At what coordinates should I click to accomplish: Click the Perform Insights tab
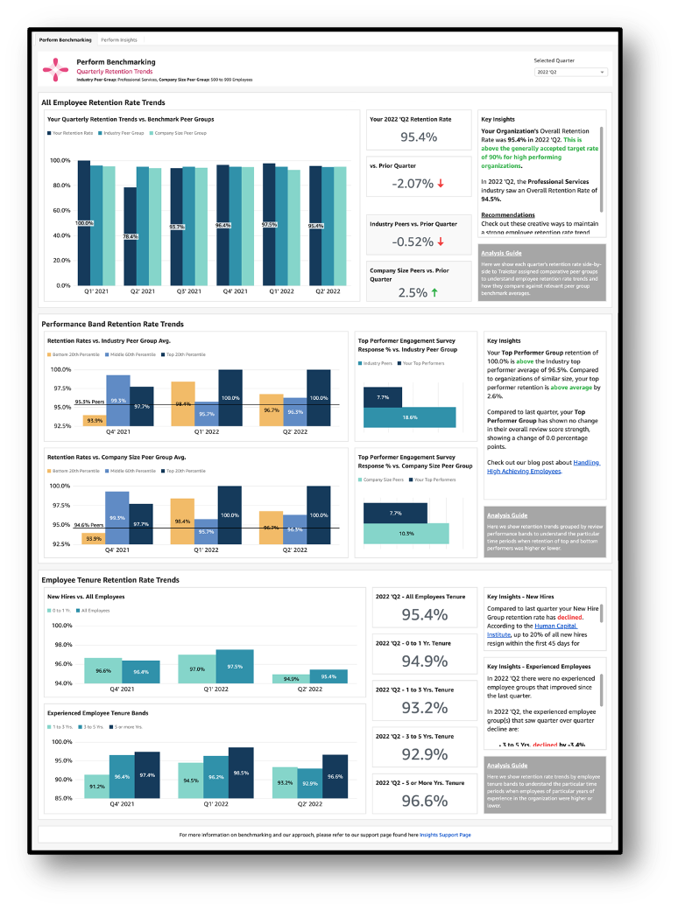(118, 40)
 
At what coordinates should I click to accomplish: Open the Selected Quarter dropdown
(570, 73)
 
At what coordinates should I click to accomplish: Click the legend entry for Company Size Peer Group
(179, 133)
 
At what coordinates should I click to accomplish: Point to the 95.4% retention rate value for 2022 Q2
(419, 137)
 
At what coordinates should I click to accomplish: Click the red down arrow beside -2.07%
(441, 184)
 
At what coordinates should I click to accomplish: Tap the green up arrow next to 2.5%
(434, 293)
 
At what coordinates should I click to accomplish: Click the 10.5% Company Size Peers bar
(406, 534)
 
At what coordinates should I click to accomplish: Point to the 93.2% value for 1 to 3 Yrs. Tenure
(424, 707)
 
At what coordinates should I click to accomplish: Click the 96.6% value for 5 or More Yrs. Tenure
(424, 801)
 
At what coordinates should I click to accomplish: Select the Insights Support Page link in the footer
(445, 835)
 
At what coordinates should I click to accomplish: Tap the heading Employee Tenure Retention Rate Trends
(110, 580)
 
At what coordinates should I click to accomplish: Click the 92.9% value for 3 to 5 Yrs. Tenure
(424, 754)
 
